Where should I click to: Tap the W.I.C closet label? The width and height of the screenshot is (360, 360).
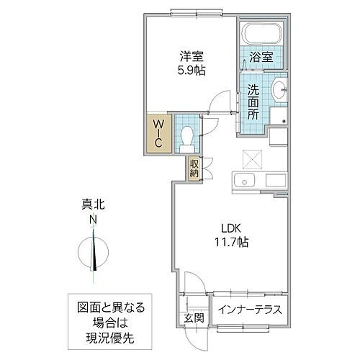pos(159,134)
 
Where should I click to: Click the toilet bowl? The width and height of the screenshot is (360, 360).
pos(186,135)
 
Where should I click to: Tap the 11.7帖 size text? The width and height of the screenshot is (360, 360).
pos(230,243)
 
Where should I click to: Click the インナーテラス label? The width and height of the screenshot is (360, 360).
pos(251,311)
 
